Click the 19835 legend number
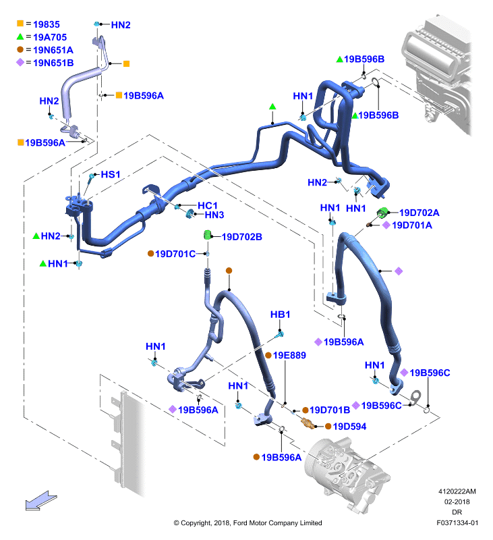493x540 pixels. click(x=47, y=24)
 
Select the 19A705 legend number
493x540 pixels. click(x=50, y=37)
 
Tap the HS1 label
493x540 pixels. click(x=111, y=175)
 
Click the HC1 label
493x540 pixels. click(x=208, y=206)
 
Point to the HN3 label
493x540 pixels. click(x=214, y=215)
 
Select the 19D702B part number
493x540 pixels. click(x=242, y=237)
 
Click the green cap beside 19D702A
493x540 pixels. click(x=382, y=212)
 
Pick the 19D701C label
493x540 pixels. click(x=175, y=254)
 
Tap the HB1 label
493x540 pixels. click(x=280, y=315)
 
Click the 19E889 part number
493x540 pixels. click(x=289, y=355)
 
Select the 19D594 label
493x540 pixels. click(x=349, y=427)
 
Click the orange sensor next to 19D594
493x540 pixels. click(x=308, y=423)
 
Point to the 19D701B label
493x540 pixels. click(x=330, y=410)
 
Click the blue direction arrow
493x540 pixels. click(x=40, y=501)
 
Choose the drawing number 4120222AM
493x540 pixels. click(x=457, y=491)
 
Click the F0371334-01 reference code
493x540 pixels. click(x=457, y=522)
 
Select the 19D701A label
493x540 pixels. click(x=412, y=225)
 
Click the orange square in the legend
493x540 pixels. click(x=20, y=24)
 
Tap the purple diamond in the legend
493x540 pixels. click(x=20, y=62)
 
